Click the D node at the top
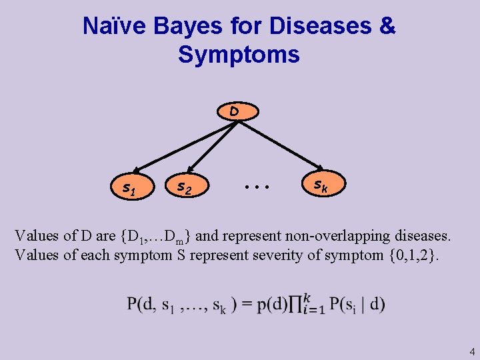click(x=234, y=111)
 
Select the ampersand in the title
click(x=387, y=27)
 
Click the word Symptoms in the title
click(x=239, y=55)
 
